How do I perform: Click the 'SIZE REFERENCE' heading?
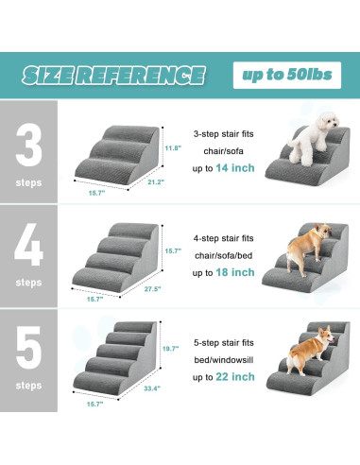[x=112, y=75]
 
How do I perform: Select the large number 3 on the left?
[x=28, y=138]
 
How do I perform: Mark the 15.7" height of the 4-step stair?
[x=174, y=250]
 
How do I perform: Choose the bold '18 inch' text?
[x=237, y=272]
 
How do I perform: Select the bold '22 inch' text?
[x=237, y=377]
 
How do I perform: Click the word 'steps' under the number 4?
[x=28, y=282]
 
